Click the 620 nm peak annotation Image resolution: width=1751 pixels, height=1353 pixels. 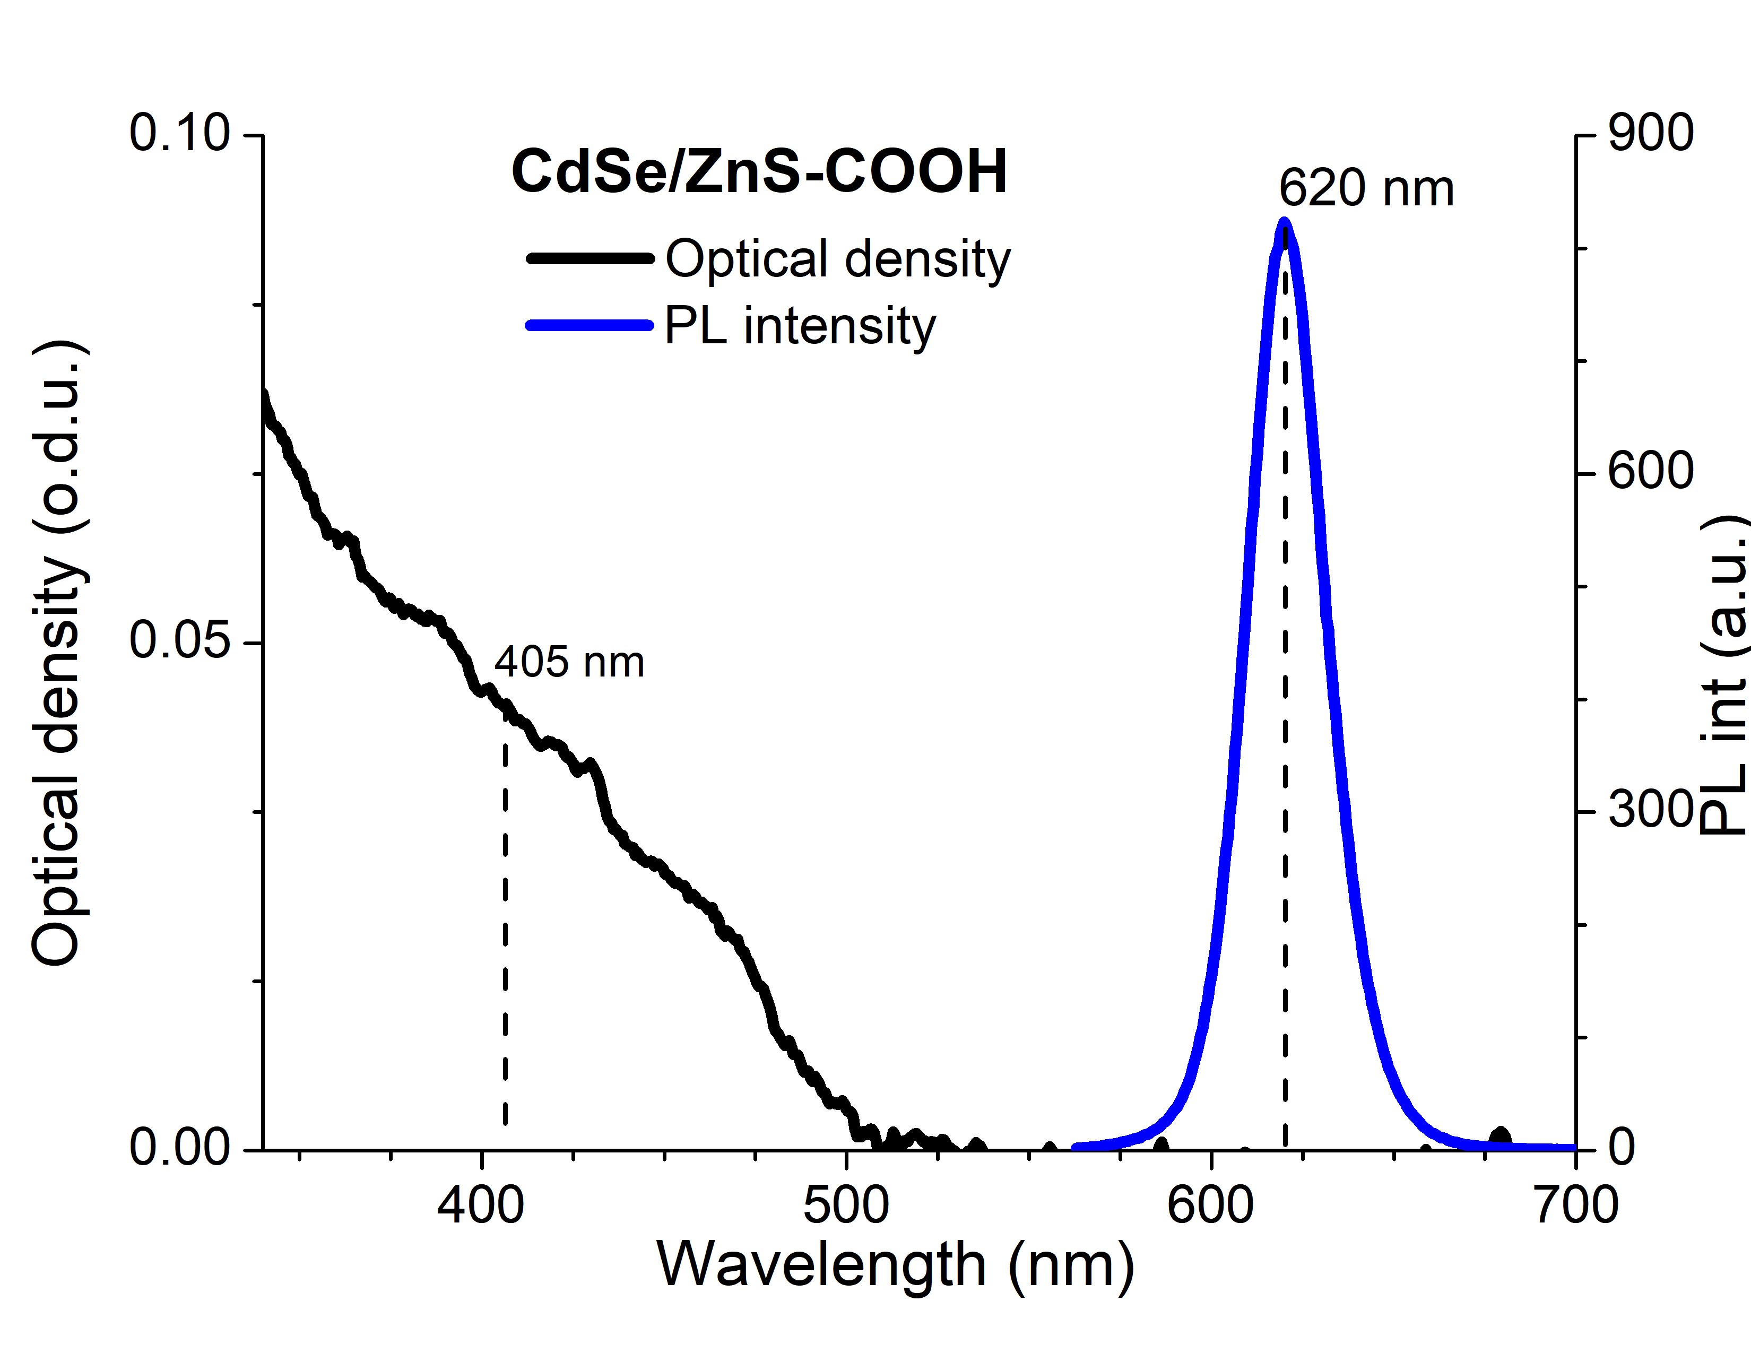pos(1365,189)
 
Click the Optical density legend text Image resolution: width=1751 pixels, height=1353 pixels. pos(838,259)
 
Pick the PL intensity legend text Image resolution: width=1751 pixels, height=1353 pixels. pos(799,326)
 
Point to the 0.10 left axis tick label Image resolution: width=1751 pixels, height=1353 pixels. pos(179,133)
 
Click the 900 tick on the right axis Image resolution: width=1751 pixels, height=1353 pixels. pos(1651,133)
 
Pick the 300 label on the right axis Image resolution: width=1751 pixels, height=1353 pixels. pos(1651,810)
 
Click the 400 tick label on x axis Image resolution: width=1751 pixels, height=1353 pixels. pos(480,1205)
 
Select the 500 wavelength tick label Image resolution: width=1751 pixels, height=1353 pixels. pos(846,1205)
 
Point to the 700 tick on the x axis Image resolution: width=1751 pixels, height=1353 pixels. pos(1575,1205)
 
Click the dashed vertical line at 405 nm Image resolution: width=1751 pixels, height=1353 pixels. pos(505,922)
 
